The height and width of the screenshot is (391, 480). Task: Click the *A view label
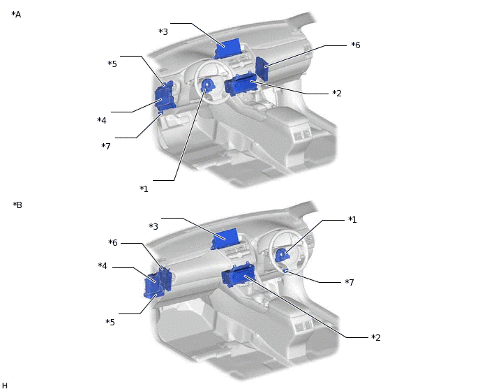(x=16, y=15)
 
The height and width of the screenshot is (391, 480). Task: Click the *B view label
(x=17, y=205)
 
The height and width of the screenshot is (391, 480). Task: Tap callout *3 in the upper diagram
(x=163, y=31)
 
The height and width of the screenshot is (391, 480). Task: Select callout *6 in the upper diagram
(x=355, y=45)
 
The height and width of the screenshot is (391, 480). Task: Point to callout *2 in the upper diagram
(x=337, y=93)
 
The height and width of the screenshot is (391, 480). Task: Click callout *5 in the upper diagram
(x=112, y=64)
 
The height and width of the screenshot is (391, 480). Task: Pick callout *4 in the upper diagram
(x=102, y=120)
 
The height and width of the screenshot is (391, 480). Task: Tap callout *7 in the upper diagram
(x=106, y=146)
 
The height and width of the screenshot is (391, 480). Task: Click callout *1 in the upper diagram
(x=144, y=189)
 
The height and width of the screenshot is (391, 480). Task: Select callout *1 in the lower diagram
(x=352, y=220)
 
